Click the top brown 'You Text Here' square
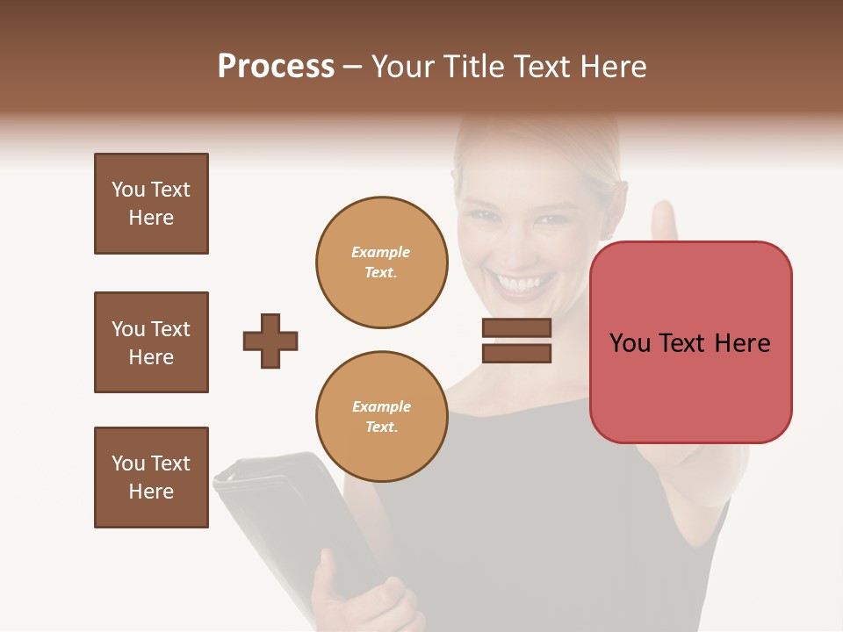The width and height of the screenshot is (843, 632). [151, 204]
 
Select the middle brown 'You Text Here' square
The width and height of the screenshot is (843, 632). [151, 342]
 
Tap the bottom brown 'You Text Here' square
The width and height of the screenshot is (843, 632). [151, 478]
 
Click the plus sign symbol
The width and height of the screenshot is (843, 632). [270, 341]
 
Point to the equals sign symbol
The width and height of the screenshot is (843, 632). [516, 341]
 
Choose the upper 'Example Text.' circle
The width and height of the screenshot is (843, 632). [381, 262]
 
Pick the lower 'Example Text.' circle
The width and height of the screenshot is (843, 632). [381, 417]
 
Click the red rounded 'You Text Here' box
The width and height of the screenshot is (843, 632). [690, 342]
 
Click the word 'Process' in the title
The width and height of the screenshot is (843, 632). [276, 66]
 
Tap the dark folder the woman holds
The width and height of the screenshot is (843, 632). [272, 509]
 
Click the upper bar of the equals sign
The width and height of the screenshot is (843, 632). [516, 327]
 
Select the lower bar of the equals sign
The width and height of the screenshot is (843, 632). [516, 354]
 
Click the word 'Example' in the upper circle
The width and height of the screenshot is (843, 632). [381, 252]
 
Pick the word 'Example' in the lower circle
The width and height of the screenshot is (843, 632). [381, 406]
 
